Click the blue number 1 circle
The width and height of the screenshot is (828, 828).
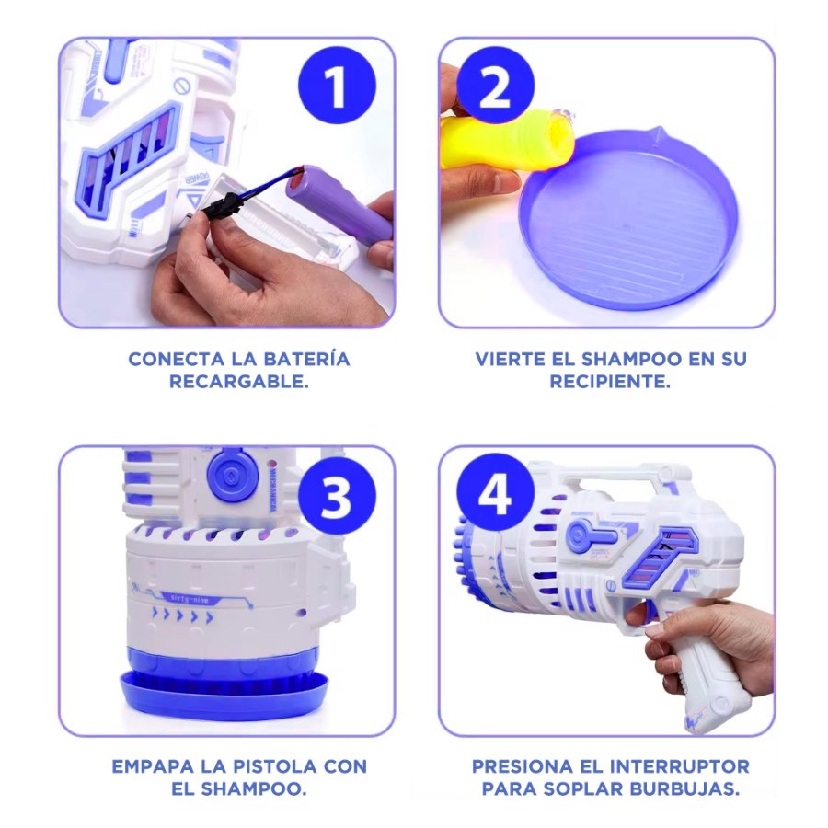coord(337,85)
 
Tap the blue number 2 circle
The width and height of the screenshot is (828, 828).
coord(495,85)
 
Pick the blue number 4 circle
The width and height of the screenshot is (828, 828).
coord(495,493)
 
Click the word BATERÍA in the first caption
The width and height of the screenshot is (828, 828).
coord(306,359)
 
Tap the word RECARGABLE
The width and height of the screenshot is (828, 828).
coord(238,382)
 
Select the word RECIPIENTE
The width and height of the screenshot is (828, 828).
coord(610,382)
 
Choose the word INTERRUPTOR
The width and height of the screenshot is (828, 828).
coord(680,766)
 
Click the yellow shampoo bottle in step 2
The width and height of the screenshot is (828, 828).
coord(506,142)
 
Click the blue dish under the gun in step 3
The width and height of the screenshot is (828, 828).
coord(224,692)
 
